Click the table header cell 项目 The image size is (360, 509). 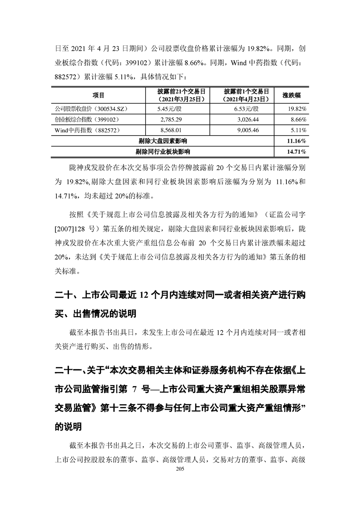(99, 95)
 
